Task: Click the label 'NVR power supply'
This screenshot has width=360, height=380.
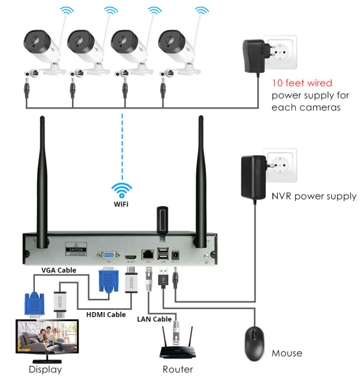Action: click(314, 196)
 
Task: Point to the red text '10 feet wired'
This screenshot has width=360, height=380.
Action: click(302, 83)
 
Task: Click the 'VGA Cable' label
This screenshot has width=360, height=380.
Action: click(59, 270)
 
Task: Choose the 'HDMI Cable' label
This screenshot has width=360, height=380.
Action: click(103, 314)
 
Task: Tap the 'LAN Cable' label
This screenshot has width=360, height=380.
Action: click(154, 319)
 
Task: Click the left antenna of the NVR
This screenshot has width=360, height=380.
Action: click(44, 174)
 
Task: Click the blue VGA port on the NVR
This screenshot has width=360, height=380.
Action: click(109, 255)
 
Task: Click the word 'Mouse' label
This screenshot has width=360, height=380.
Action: click(287, 353)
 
